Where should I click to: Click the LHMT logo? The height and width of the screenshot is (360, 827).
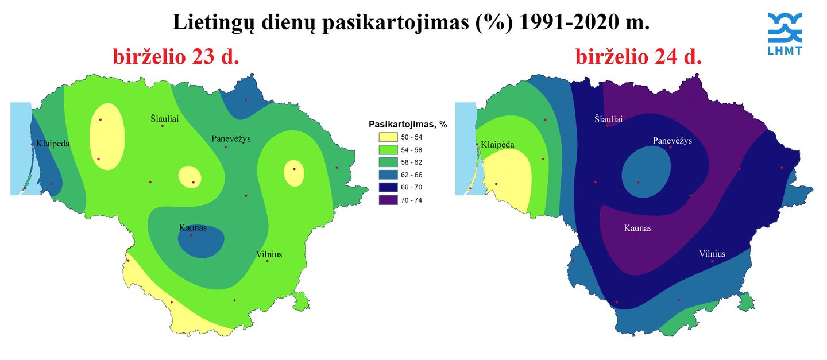785,34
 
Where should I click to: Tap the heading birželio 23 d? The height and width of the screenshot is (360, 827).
176,57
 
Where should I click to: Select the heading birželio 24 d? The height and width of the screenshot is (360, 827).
639,57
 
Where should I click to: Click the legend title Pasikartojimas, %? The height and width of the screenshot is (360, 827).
408,125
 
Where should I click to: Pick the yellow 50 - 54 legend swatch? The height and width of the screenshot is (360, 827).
388,137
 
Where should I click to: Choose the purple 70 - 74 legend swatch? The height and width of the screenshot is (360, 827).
388,200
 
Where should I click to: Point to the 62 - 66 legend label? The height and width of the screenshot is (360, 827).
411,175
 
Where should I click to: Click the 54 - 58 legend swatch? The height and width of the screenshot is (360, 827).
388,150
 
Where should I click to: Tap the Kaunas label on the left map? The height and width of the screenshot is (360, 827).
193,228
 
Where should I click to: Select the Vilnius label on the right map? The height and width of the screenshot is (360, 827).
712,254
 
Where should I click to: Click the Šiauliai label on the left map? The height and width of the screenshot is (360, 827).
165,118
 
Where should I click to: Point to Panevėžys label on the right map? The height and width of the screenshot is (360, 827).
673,141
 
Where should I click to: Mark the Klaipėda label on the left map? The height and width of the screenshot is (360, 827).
53,144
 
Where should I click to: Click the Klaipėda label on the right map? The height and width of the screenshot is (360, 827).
497,144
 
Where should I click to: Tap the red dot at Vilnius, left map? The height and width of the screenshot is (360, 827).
267,261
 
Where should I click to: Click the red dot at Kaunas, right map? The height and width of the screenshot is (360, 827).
636,235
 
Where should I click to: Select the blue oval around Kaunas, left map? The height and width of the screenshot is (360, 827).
201,242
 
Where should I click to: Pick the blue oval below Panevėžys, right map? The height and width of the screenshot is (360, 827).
646,172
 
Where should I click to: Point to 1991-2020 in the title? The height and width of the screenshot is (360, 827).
571,22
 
